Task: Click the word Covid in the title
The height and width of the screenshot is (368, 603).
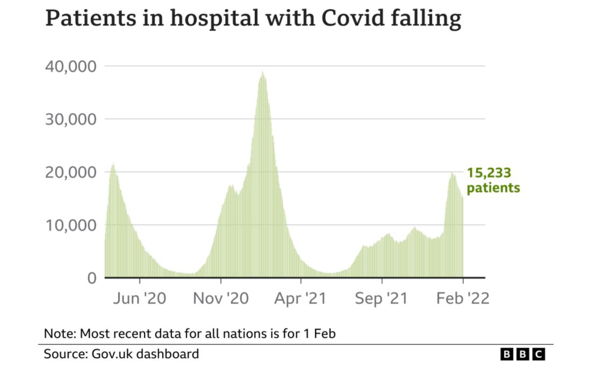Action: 353,18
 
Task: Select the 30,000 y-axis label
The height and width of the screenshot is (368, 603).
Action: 70,119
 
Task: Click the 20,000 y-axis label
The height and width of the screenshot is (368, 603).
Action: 70,172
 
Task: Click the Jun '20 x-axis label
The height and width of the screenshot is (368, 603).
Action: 140,298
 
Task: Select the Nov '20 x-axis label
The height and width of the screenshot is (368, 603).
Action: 221,298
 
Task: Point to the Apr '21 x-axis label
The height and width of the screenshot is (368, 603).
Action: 300,298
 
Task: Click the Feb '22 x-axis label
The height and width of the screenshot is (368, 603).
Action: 463,298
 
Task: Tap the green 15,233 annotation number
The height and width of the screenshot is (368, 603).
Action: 489,173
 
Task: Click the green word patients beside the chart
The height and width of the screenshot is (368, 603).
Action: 493,187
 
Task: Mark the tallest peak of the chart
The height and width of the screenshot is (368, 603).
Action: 262,72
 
